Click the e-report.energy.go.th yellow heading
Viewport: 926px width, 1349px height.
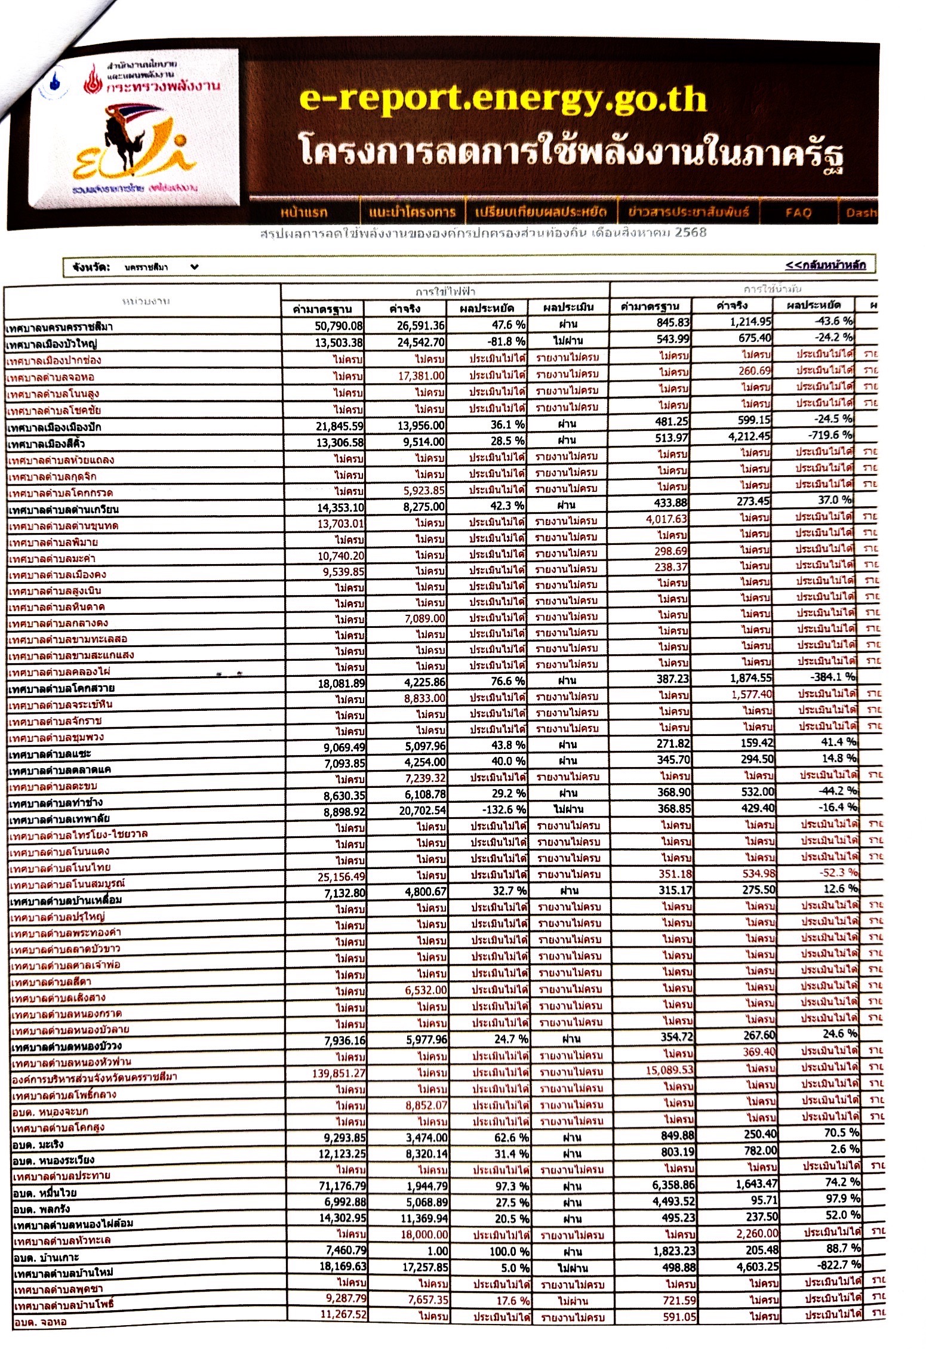pos(503,99)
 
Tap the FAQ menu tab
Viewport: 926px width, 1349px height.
pos(798,212)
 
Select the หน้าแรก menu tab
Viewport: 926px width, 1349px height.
pos(304,212)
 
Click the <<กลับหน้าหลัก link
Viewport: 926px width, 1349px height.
pos(825,264)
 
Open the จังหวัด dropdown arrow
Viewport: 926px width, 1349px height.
pos(194,267)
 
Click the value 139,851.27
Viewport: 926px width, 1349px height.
pos(339,1073)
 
